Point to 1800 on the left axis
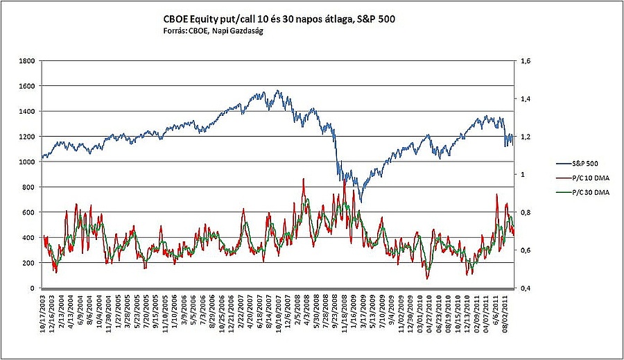[27, 61]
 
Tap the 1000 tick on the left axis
[27, 162]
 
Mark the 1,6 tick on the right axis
[525, 61]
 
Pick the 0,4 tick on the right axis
[525, 288]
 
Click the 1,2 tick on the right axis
[525, 137]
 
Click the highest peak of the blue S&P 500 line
[277, 90]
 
